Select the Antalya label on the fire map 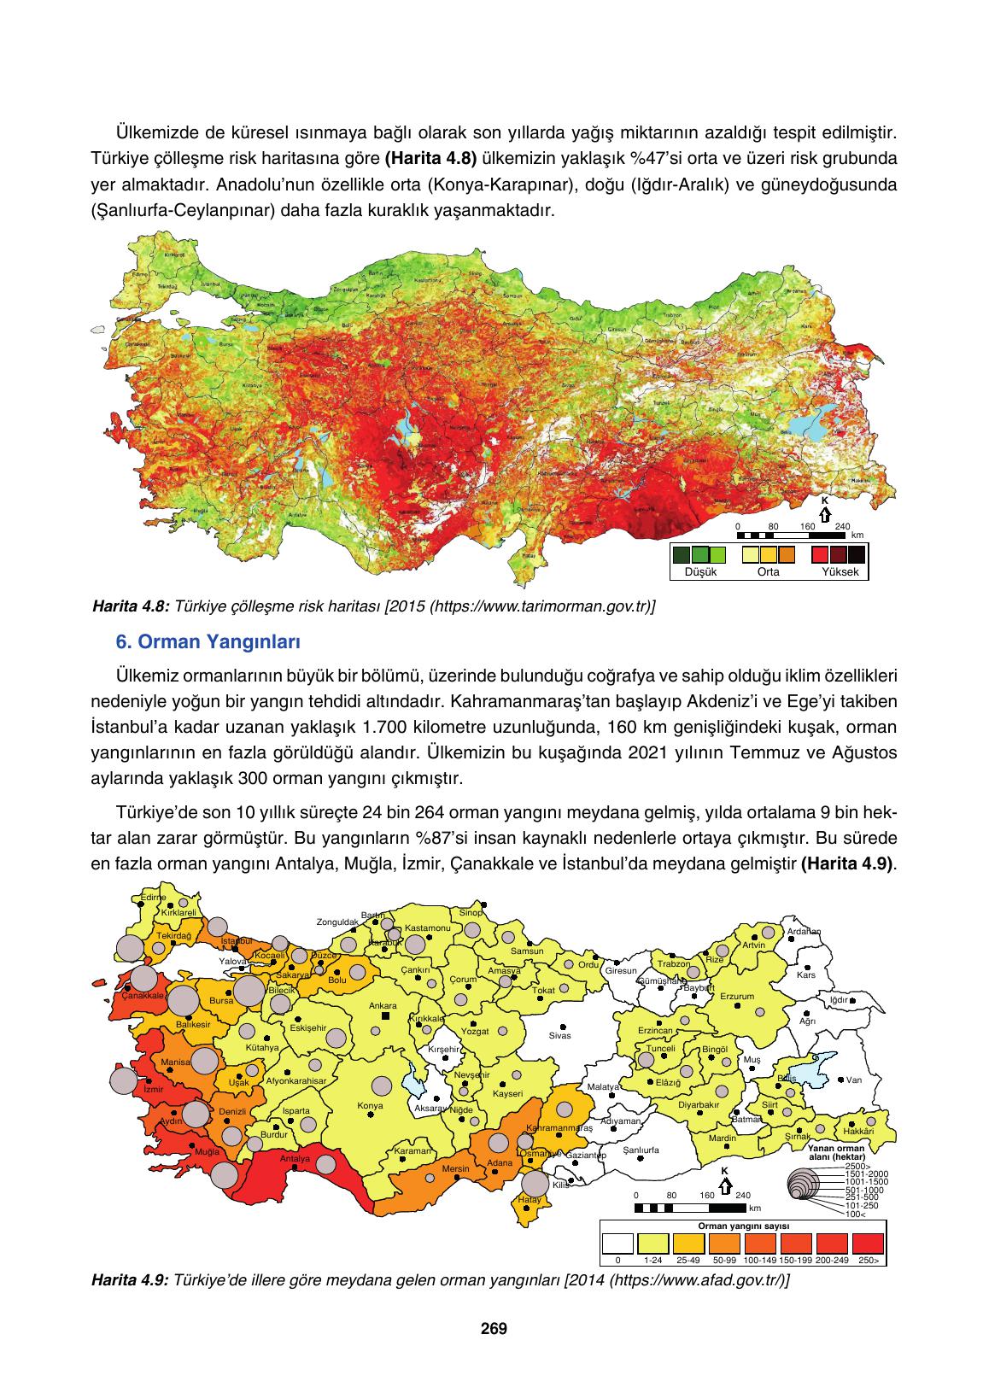pyautogui.click(x=295, y=1159)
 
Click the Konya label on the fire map pyautogui.click(x=370, y=1106)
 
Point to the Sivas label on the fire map pyautogui.click(x=559, y=1035)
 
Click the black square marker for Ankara pyautogui.click(x=385, y=1016)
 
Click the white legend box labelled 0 pyautogui.click(x=617, y=1243)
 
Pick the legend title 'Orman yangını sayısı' pyautogui.click(x=743, y=1224)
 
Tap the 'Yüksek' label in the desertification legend pyautogui.click(x=840, y=572)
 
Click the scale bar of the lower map pyautogui.click(x=691, y=1208)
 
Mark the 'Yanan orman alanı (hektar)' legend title pyautogui.click(x=837, y=1153)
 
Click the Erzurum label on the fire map pyautogui.click(x=737, y=997)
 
